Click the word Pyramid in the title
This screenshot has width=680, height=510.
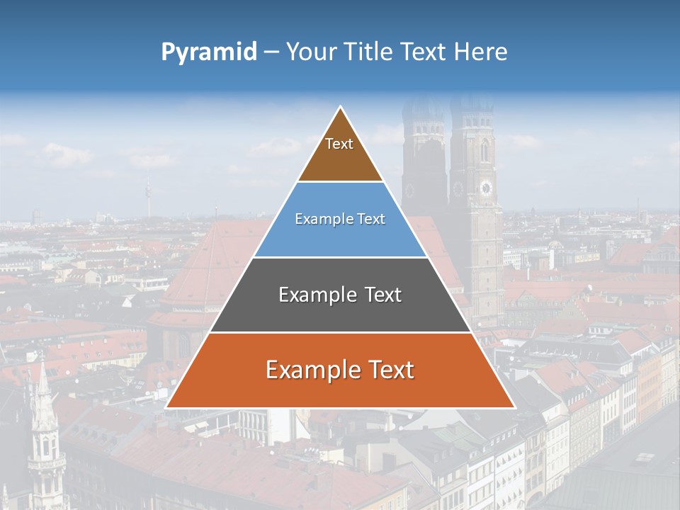coord(208,52)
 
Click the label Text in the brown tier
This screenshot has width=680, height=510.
coord(339,144)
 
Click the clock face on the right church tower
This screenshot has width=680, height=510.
coord(486,188)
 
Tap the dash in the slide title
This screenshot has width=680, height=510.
coord(271,52)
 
